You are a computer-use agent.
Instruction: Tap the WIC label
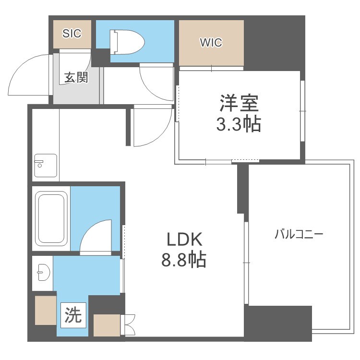click(211, 42)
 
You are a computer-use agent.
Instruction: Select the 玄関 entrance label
click(76, 78)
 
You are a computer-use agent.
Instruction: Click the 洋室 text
click(239, 104)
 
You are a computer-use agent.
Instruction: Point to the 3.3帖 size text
click(239, 124)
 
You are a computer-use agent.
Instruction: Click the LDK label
click(185, 239)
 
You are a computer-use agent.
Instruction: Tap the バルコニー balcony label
click(299, 235)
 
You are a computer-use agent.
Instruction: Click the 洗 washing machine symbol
click(73, 315)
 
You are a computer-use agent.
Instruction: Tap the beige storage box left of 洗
click(46, 310)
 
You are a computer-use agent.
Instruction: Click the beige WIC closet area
click(211, 53)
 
